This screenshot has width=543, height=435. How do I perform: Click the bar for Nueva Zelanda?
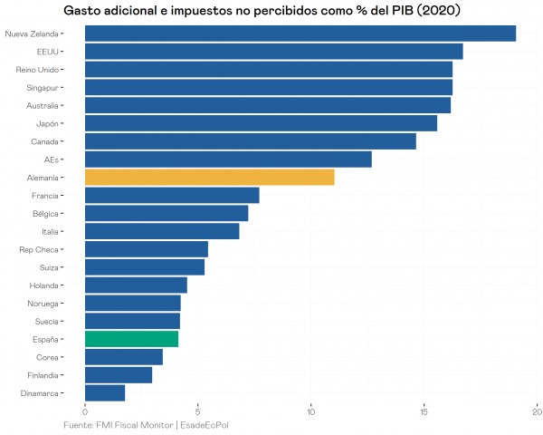tap(300, 34)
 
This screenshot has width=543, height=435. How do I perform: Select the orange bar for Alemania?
tap(209, 178)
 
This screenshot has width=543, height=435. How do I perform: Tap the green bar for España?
tap(131, 339)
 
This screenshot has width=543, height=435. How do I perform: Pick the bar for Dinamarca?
tap(105, 393)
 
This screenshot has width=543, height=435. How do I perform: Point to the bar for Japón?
tap(261, 123)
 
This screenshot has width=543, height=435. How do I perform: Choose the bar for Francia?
tap(172, 195)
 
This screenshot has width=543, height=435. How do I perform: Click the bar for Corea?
tap(124, 357)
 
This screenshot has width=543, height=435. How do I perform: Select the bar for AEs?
tap(228, 159)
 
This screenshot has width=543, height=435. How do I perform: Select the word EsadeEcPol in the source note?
tap(205, 425)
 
